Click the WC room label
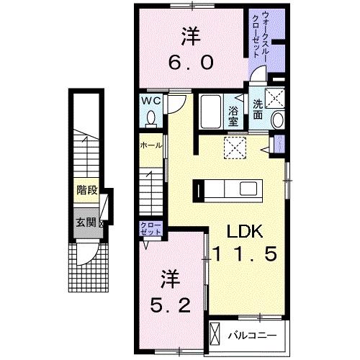pyautogui.click(x=150, y=101)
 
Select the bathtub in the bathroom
pyautogui.click(x=210, y=112)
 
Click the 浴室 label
pyautogui.click(x=233, y=116)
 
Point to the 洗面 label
pyautogui.click(x=258, y=109)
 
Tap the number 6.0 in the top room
pyautogui.click(x=191, y=62)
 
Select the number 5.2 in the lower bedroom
pyautogui.click(x=171, y=305)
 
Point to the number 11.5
pyautogui.click(x=245, y=254)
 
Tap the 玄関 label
pyautogui.click(x=86, y=222)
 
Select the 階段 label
pyautogui.click(x=87, y=190)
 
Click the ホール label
pyautogui.click(x=150, y=145)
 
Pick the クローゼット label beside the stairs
pyautogui.click(x=150, y=229)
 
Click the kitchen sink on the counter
pyautogui.click(x=248, y=188)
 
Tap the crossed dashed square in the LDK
pyautogui.click(x=235, y=148)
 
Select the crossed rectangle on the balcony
pyautogui.click(x=215, y=334)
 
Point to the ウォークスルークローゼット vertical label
pyautogui.click(x=260, y=34)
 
